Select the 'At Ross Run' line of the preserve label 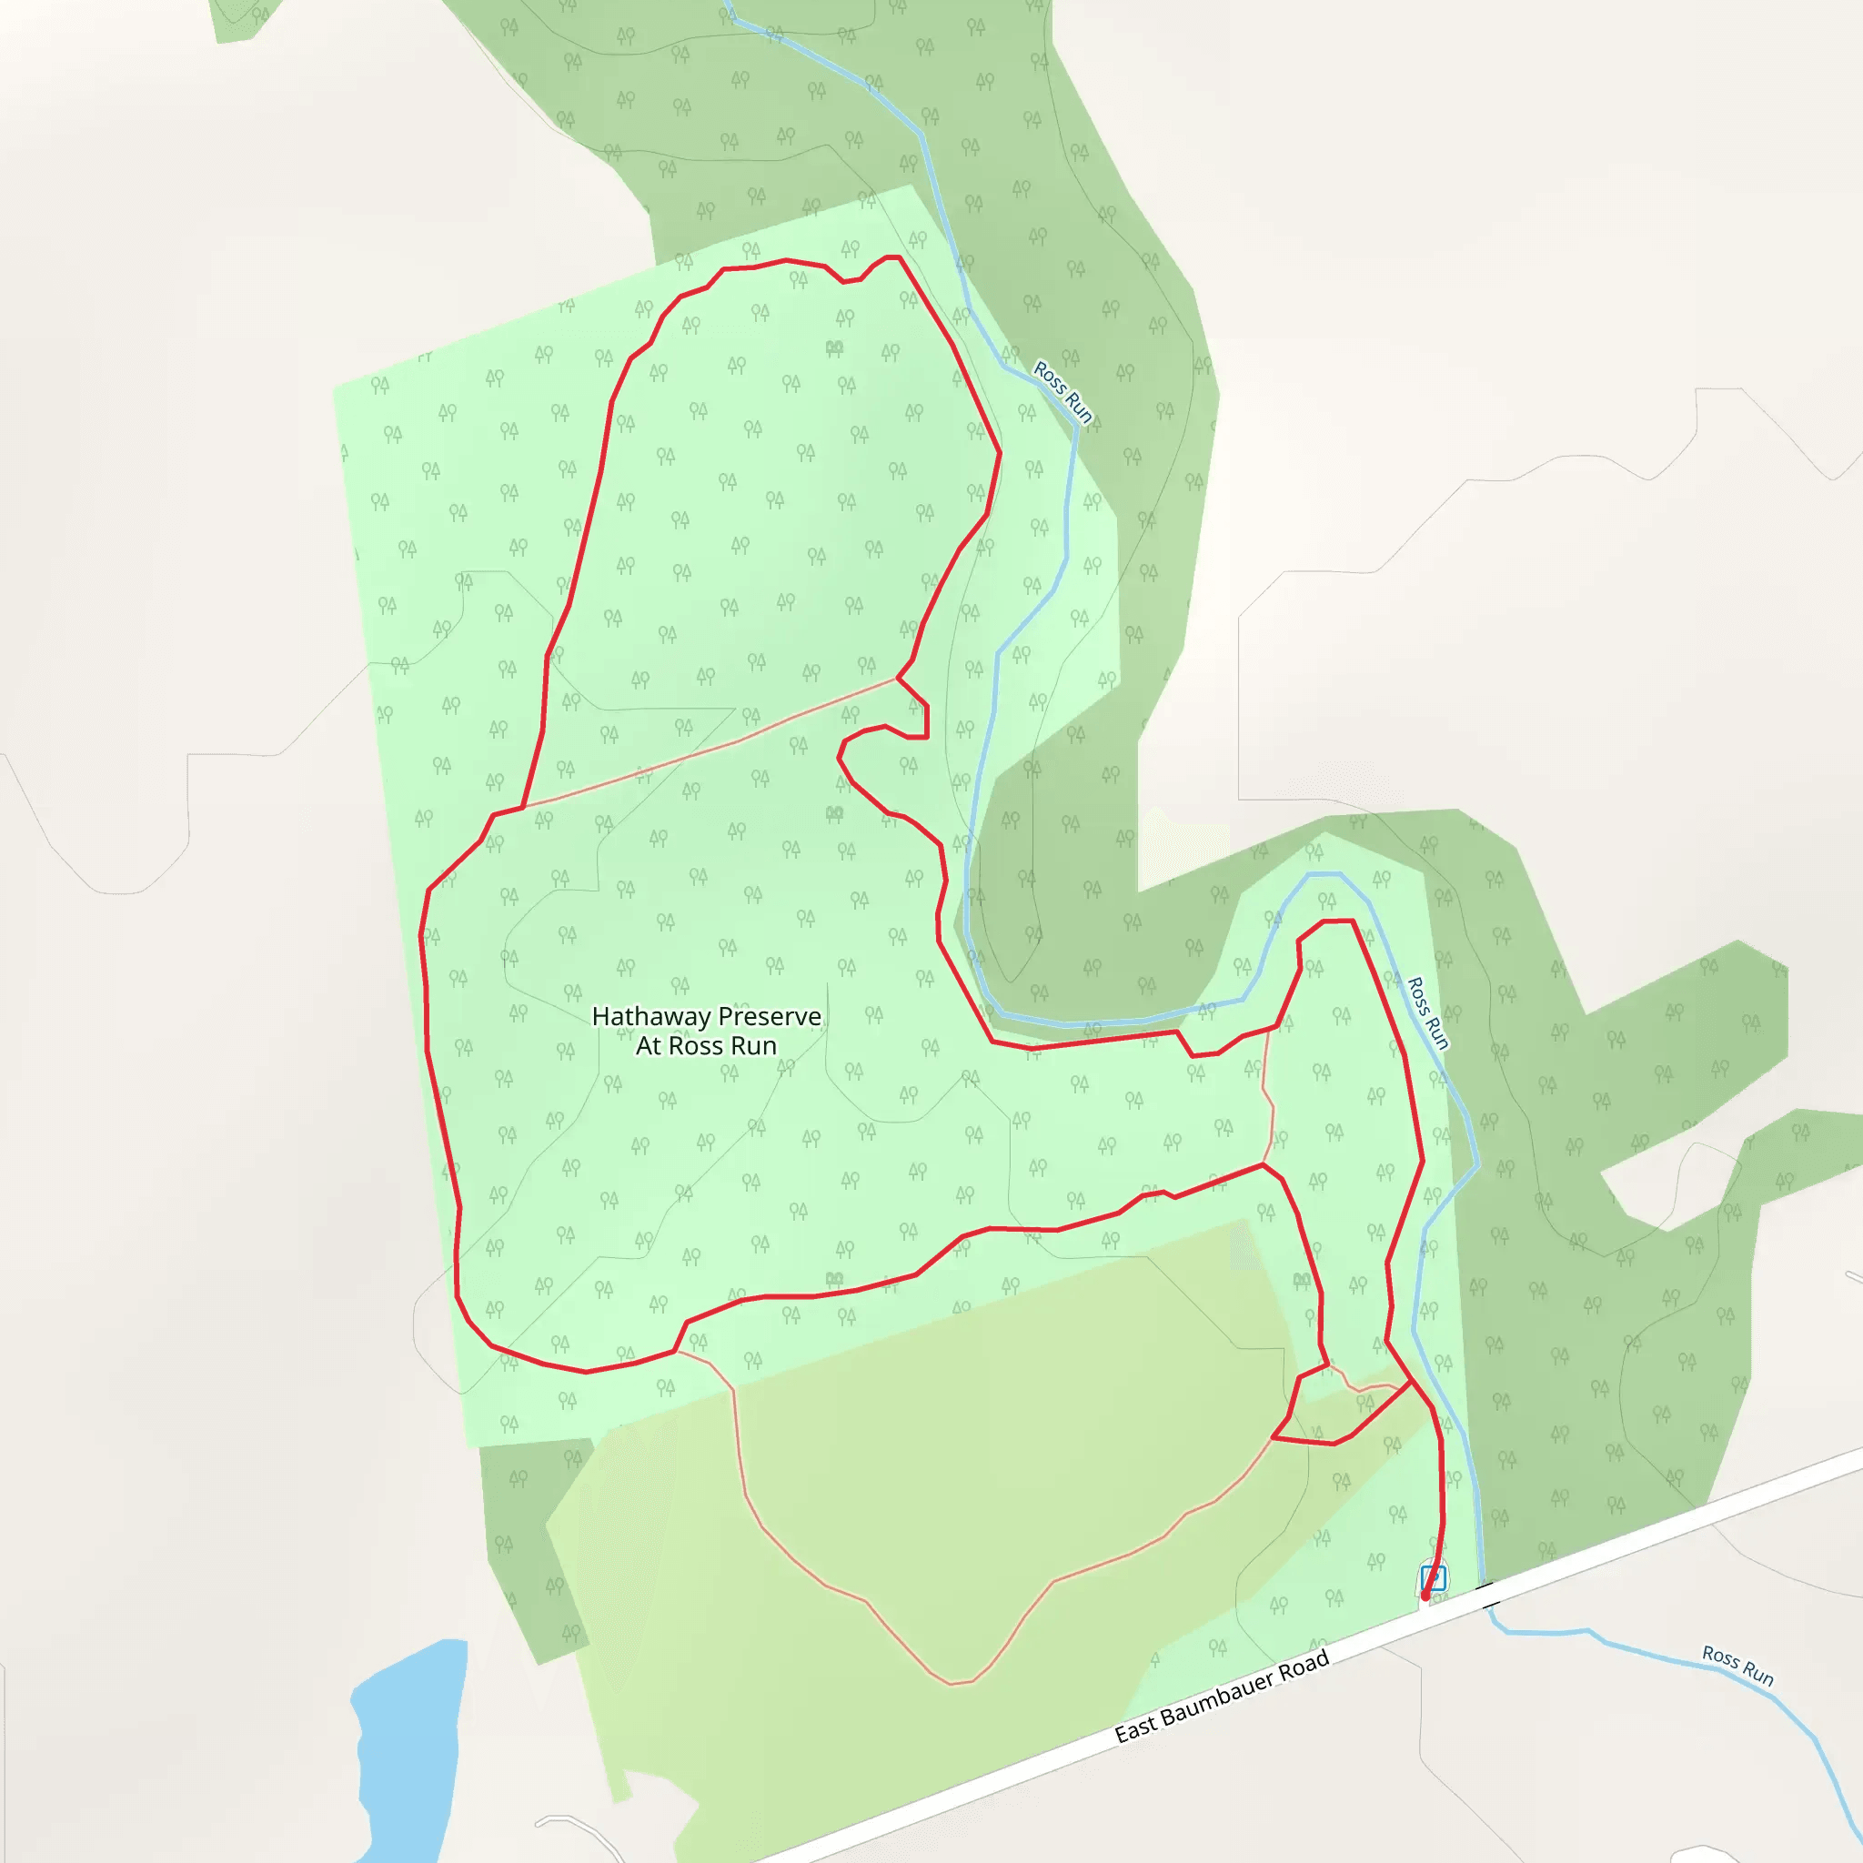pyautogui.click(x=706, y=1046)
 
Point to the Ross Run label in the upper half pyautogui.click(x=1062, y=391)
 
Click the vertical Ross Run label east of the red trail pyautogui.click(x=1428, y=1012)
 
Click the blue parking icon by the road pyautogui.click(x=1434, y=1578)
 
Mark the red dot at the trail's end pyautogui.click(x=1425, y=1596)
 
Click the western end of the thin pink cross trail pyautogui.click(x=524, y=806)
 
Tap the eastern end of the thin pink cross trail pyautogui.click(x=897, y=679)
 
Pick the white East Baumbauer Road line pyautogui.click(x=964, y=1788)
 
